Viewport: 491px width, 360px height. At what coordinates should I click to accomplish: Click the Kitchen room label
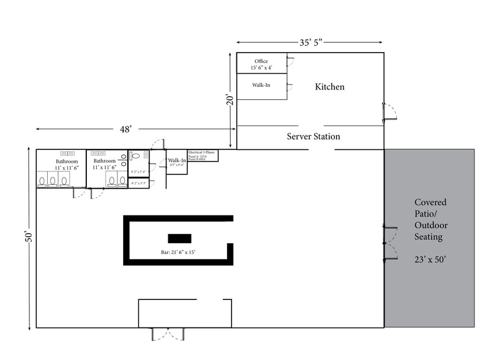(329, 87)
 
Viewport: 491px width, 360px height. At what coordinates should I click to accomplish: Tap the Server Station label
(313, 137)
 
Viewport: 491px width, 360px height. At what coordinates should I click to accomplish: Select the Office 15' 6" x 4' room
(261, 64)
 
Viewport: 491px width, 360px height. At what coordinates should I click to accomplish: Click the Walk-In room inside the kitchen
(261, 86)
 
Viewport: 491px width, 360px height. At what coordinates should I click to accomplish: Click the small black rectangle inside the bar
(179, 239)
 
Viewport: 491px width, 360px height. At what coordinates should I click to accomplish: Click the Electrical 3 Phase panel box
(203, 156)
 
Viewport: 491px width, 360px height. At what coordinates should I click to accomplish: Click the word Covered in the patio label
(430, 202)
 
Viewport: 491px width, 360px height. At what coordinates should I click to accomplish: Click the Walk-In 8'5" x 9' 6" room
(177, 163)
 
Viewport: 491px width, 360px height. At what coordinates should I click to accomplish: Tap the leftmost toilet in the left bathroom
(42, 181)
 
